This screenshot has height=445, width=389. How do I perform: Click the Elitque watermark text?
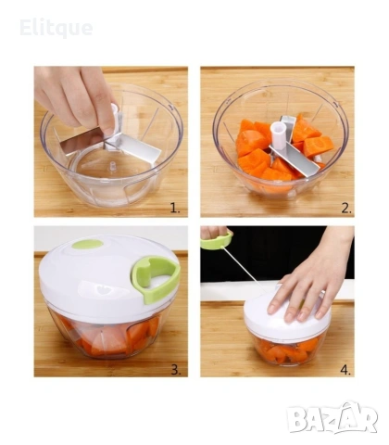[x=56, y=29]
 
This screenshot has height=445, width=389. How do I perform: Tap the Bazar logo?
[x=333, y=418]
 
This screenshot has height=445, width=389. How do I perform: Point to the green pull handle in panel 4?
[x=218, y=241]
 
